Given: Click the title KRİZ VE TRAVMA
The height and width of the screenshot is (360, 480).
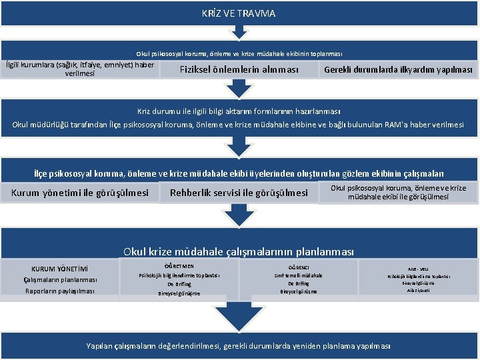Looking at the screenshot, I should click(239, 13).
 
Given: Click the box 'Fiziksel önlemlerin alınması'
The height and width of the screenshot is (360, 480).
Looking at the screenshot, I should click(239, 70).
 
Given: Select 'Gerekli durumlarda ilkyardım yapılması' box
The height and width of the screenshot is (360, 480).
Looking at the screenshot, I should click(397, 70).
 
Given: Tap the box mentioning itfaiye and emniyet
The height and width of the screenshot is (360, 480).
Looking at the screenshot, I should click(80, 69).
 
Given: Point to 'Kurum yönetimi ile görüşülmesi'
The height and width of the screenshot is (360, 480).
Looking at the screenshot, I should click(80, 193).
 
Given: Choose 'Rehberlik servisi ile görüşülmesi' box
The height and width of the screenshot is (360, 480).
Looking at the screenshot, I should click(239, 193).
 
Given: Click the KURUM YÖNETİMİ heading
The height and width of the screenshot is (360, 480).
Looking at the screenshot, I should click(61, 269).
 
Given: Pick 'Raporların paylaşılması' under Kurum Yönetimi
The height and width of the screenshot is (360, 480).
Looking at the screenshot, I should click(61, 291).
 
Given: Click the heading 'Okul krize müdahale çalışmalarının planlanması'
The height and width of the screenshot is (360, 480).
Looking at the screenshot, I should click(239, 252).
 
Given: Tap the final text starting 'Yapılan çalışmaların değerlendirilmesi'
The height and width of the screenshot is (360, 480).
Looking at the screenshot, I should click(239, 345).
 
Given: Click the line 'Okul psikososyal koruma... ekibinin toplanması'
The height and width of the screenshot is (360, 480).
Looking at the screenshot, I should click(239, 53).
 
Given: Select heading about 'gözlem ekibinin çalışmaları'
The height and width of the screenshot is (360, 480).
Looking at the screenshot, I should click(239, 173).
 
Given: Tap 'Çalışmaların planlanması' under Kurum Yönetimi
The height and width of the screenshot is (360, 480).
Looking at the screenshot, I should click(61, 280).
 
